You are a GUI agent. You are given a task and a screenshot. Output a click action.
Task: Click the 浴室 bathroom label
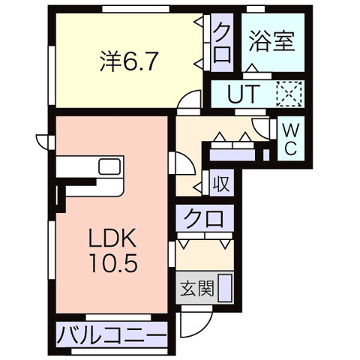click(x=271, y=41)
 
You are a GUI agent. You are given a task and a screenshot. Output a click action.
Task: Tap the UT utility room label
click(x=241, y=94)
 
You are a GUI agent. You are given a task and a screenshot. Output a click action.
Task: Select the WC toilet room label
click(x=291, y=139)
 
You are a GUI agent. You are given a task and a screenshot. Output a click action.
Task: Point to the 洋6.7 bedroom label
click(x=129, y=61)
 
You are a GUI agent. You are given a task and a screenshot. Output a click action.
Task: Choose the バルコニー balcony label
click(x=112, y=334)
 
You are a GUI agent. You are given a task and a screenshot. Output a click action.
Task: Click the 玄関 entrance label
click(x=197, y=288)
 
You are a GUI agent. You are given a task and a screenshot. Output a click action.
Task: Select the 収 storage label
click(x=221, y=184)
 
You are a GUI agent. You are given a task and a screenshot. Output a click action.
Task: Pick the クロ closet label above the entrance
click(x=204, y=218)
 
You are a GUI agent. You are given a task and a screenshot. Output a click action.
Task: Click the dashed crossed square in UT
click(x=289, y=94)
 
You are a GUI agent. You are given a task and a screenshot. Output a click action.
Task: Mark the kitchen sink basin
click(x=109, y=166)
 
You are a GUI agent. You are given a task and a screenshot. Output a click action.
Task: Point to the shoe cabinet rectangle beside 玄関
click(x=225, y=288)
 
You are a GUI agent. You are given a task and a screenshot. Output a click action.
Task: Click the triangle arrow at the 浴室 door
click(x=252, y=68)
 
